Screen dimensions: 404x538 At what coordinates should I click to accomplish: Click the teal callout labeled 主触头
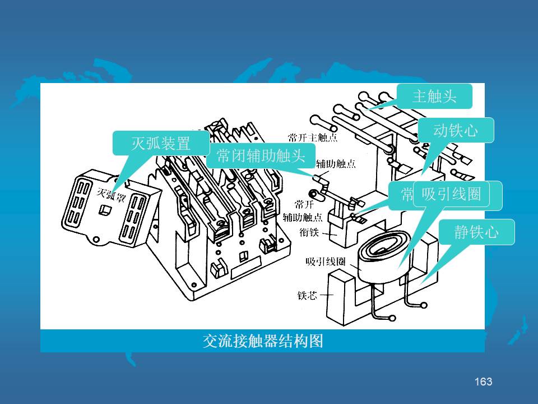(434, 97)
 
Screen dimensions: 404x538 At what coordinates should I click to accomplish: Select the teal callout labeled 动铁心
(456, 130)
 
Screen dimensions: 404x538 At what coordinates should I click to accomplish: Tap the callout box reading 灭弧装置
(161, 143)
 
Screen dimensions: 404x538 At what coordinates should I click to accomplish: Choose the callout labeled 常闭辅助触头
(261, 156)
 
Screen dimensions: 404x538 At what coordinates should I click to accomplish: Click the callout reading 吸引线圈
(451, 194)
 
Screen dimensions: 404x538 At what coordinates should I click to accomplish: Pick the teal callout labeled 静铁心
(476, 232)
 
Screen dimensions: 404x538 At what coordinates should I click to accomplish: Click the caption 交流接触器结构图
(262, 341)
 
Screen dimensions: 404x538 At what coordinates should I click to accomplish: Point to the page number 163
(483, 382)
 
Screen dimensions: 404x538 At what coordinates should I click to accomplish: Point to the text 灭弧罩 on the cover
(112, 194)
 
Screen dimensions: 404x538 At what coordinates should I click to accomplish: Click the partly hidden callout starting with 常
(407, 194)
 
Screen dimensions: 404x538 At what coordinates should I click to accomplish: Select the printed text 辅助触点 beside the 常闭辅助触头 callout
(336, 164)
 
